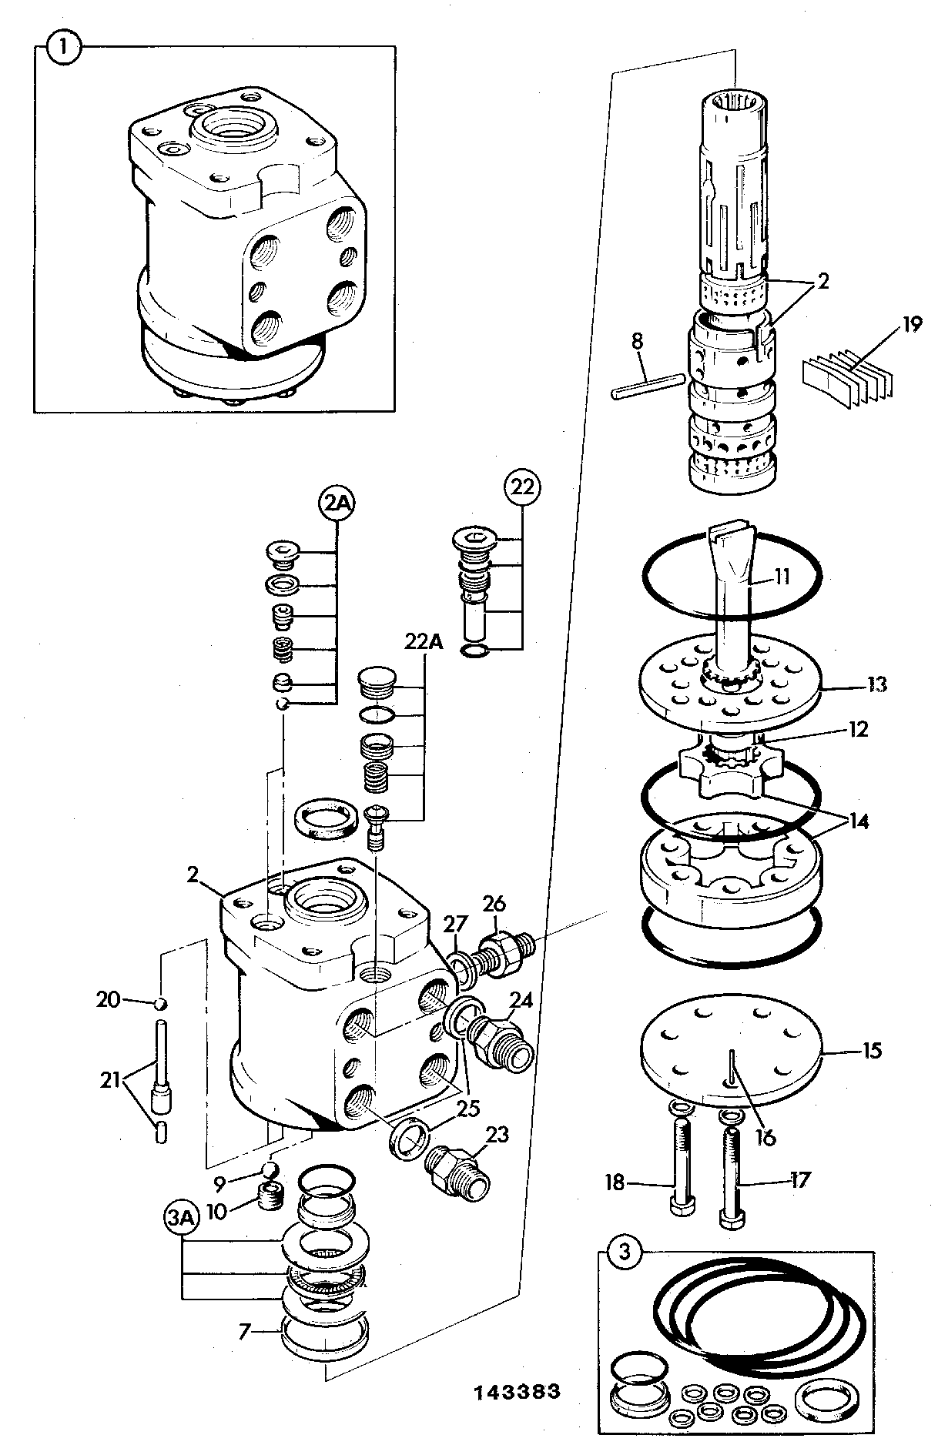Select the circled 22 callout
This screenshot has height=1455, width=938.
point(523,487)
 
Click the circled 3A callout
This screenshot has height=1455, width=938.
point(182,1218)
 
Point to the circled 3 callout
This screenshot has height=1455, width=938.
point(625,1253)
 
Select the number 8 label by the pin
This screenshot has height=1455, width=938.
point(637,341)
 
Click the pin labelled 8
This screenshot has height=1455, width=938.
point(648,386)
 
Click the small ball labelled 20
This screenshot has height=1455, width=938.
point(161,1003)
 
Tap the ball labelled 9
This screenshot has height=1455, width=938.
point(270,1169)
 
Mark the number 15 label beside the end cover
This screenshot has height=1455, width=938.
point(871,1050)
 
